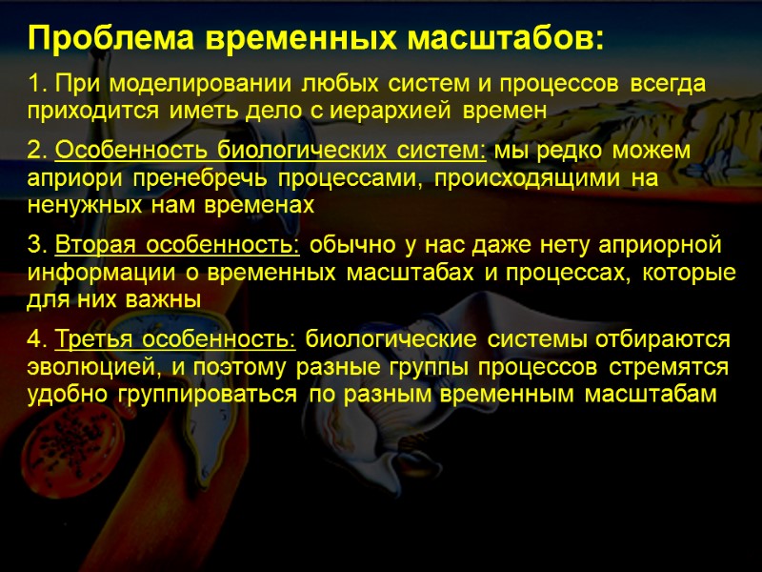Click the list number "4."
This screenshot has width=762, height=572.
(x=38, y=339)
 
